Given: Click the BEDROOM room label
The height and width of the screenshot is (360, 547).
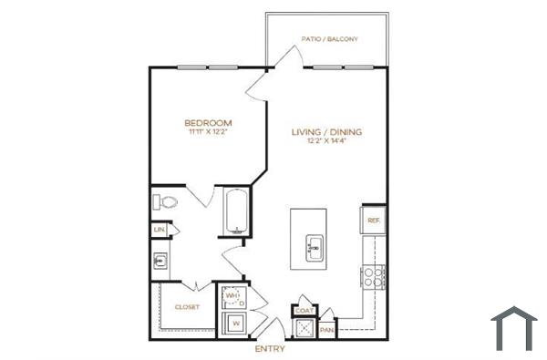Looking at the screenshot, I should pyautogui.click(x=208, y=122).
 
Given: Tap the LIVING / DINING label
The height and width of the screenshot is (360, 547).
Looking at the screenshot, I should pyautogui.click(x=326, y=132).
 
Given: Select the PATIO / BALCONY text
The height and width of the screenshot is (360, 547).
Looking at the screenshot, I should pyautogui.click(x=330, y=39).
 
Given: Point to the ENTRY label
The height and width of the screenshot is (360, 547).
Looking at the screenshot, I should pyautogui.click(x=271, y=349).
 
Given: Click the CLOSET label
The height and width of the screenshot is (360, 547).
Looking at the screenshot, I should pyautogui.click(x=186, y=307).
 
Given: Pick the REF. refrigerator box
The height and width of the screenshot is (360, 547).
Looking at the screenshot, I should pyautogui.click(x=373, y=220).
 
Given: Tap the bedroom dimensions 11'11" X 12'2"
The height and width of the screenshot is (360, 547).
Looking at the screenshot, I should pyautogui.click(x=208, y=133).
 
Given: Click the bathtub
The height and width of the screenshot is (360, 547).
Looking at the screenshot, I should pyautogui.click(x=235, y=211).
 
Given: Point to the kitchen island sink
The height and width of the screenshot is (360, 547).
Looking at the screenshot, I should pyautogui.click(x=315, y=245).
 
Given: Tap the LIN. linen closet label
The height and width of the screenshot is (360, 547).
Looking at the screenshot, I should pyautogui.click(x=160, y=230).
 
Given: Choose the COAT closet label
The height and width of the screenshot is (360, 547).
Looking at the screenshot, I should pyautogui.click(x=304, y=311).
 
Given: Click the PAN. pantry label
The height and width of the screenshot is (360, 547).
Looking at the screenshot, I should pyautogui.click(x=325, y=329).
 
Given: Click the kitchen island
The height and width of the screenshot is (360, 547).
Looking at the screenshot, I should pyautogui.click(x=309, y=239).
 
